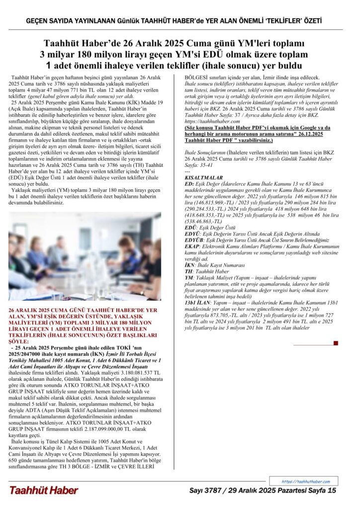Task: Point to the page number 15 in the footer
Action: [332, 491]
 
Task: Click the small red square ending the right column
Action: [336, 343]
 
